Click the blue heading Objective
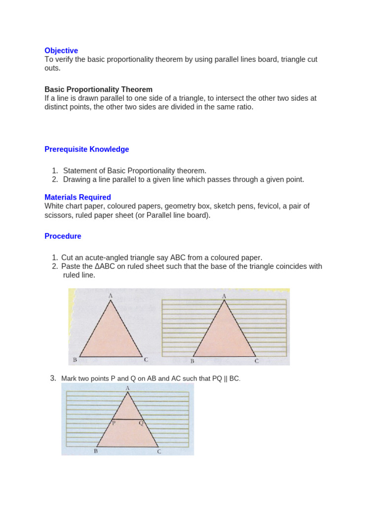pos(61,50)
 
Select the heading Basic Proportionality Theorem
pos(98,89)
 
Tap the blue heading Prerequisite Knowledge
pos(86,149)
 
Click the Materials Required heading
pos(77,197)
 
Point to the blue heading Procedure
pos(63,236)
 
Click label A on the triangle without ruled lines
pos(111,295)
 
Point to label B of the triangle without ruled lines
pos(75,360)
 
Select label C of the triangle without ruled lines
pos(146,360)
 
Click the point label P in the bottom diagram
pos(114,423)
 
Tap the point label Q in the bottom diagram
pos(141,423)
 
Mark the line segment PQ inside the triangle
pos(127,419)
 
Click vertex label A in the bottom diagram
pos(128,388)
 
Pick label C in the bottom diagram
pos(159,451)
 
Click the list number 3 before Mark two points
pos(53,379)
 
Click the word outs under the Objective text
pos(52,68)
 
